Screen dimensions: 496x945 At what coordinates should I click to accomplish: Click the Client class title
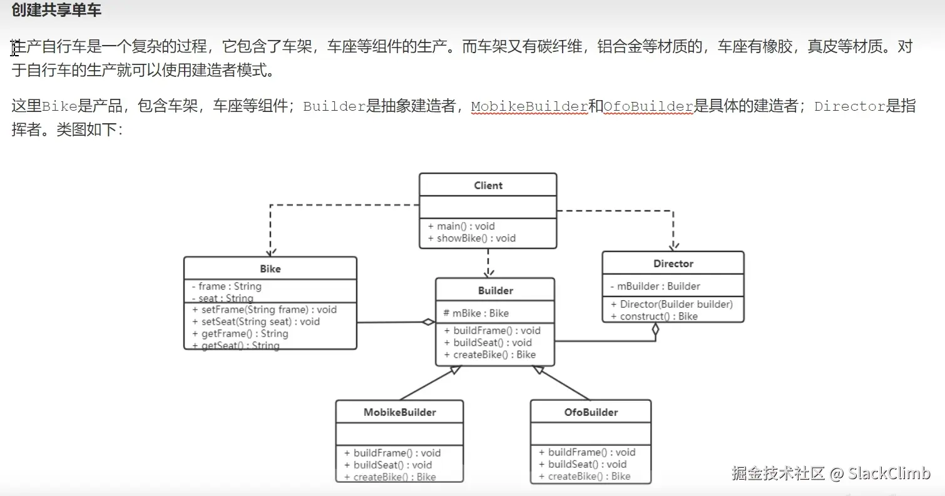point(488,185)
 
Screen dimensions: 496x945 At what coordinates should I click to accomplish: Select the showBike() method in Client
point(472,238)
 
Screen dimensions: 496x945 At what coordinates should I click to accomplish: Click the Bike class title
point(270,269)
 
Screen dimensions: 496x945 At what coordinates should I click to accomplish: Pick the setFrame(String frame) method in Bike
point(264,310)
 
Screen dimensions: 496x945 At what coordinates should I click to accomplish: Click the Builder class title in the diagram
point(495,290)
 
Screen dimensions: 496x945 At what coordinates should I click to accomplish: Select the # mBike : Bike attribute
point(476,313)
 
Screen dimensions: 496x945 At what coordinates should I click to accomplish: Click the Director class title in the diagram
point(673,263)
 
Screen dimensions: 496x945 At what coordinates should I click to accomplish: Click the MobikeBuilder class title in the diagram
point(400,412)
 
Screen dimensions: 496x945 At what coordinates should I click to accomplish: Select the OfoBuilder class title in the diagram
point(591,412)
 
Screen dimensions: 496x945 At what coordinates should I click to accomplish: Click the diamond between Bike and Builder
point(428,322)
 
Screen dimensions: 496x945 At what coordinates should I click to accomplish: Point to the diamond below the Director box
point(655,330)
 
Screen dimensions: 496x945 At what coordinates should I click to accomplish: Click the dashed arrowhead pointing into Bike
point(270,251)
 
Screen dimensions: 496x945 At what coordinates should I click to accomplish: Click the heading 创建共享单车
point(56,11)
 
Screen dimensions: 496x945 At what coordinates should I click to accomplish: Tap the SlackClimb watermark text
point(889,473)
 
